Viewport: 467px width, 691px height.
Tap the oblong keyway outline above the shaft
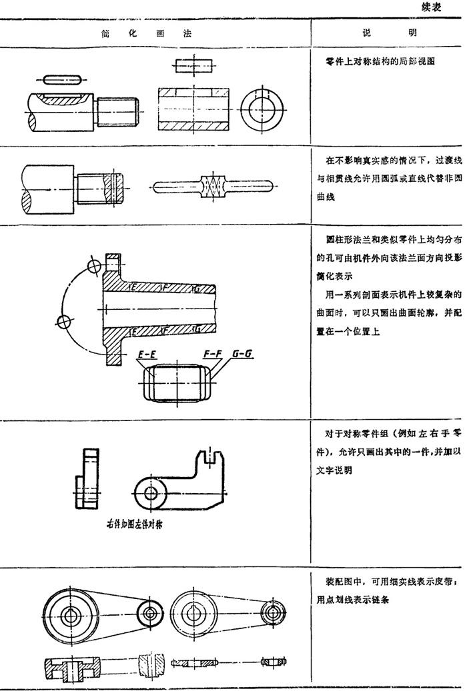click(61, 79)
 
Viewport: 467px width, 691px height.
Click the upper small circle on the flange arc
click(94, 265)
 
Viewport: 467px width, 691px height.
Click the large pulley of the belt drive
click(69, 610)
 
